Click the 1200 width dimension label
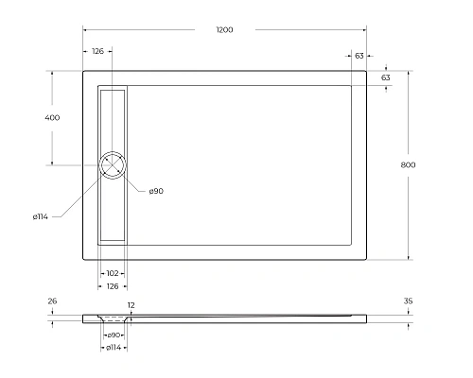[x=224, y=30]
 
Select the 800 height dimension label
[x=408, y=165]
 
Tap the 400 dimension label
[x=52, y=118]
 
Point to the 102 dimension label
[x=113, y=274]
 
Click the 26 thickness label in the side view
[x=52, y=301]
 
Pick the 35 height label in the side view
[x=408, y=301]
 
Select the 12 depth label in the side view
[x=131, y=305]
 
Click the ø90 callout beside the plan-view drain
[x=155, y=192]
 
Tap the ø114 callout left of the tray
[x=41, y=217]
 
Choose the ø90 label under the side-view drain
[x=113, y=335]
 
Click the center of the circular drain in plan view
[x=113, y=165]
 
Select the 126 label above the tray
[x=97, y=52]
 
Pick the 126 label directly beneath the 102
[x=113, y=285]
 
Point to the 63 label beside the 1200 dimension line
[x=359, y=56]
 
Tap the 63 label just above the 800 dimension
[x=385, y=77]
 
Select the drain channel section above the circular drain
[x=113, y=118]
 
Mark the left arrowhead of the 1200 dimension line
[x=85, y=39]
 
